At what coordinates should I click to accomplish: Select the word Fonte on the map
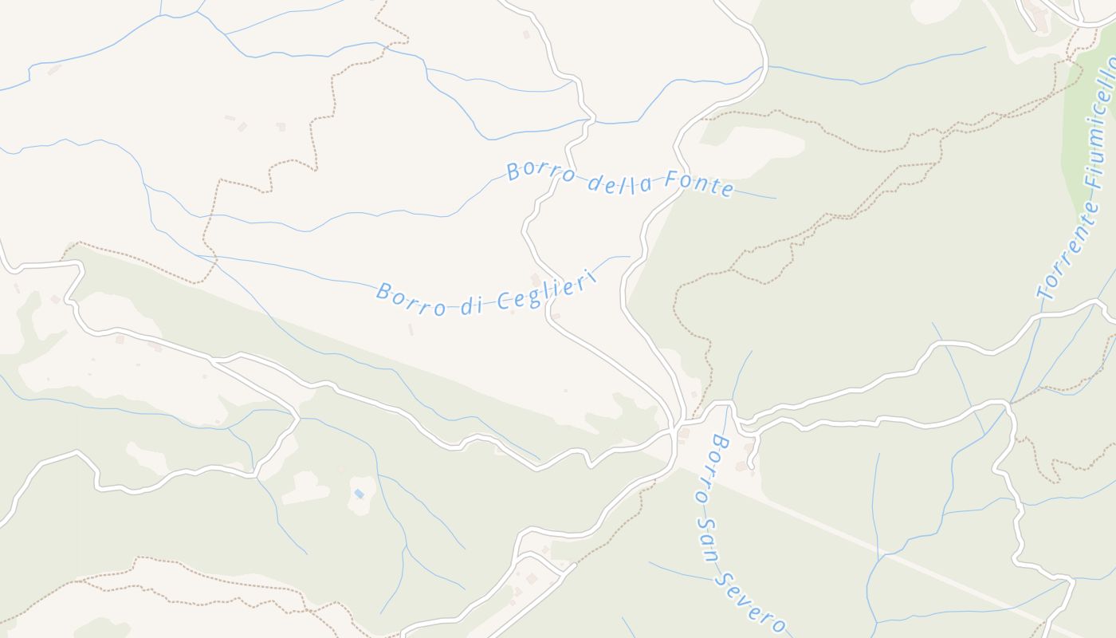point(699,186)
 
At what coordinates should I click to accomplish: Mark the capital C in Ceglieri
point(503,302)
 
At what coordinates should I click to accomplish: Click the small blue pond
point(359,494)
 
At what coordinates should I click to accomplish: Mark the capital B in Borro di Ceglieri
point(383,291)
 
